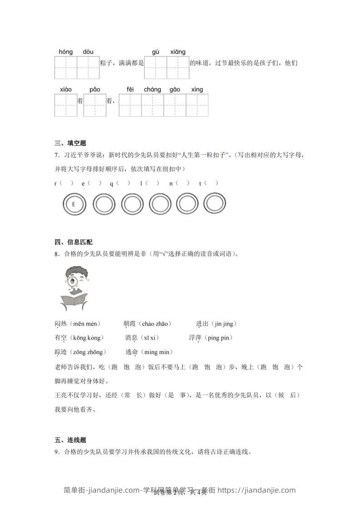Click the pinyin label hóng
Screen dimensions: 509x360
click(66, 52)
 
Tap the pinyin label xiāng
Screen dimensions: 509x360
click(178, 52)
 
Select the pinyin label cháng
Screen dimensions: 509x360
click(153, 89)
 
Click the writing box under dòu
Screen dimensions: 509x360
click(88, 68)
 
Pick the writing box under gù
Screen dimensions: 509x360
click(156, 68)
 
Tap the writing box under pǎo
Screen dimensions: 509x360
click(94, 105)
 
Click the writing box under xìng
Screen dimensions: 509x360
click(197, 105)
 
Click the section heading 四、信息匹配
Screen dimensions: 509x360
click(74, 242)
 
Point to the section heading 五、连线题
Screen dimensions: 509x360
click(70, 440)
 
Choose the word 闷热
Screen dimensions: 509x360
click(60, 324)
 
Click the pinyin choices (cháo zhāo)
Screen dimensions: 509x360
click(157, 324)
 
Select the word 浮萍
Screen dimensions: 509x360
click(195, 338)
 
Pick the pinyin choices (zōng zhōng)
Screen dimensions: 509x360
click(92, 352)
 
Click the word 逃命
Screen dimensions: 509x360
click(132, 352)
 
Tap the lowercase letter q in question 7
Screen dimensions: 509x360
click(111, 183)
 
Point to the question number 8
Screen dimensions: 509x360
click(56, 254)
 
